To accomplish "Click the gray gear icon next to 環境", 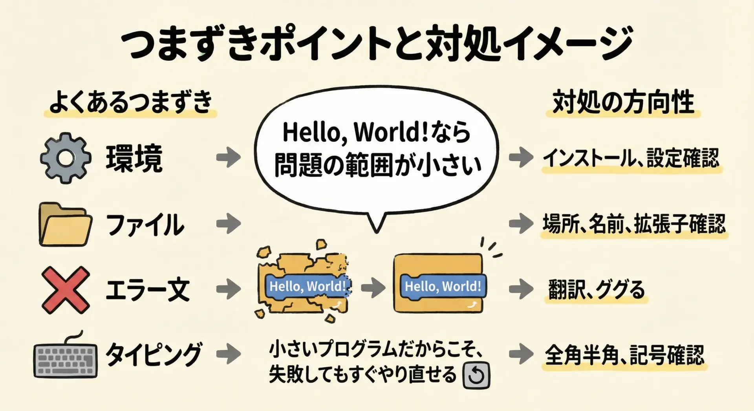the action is [66, 158].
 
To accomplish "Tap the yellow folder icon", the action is [66, 224].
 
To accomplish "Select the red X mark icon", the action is [66, 290].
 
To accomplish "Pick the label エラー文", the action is [148, 290].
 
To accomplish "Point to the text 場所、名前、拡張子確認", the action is [634, 224].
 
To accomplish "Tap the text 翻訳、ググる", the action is [597, 290].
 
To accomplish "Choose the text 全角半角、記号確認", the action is [625, 355].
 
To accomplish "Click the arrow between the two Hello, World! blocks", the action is [373, 287].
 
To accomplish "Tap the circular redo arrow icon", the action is [477, 375].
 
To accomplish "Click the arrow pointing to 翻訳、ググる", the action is [521, 289].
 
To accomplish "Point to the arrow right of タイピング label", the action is [229, 354].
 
